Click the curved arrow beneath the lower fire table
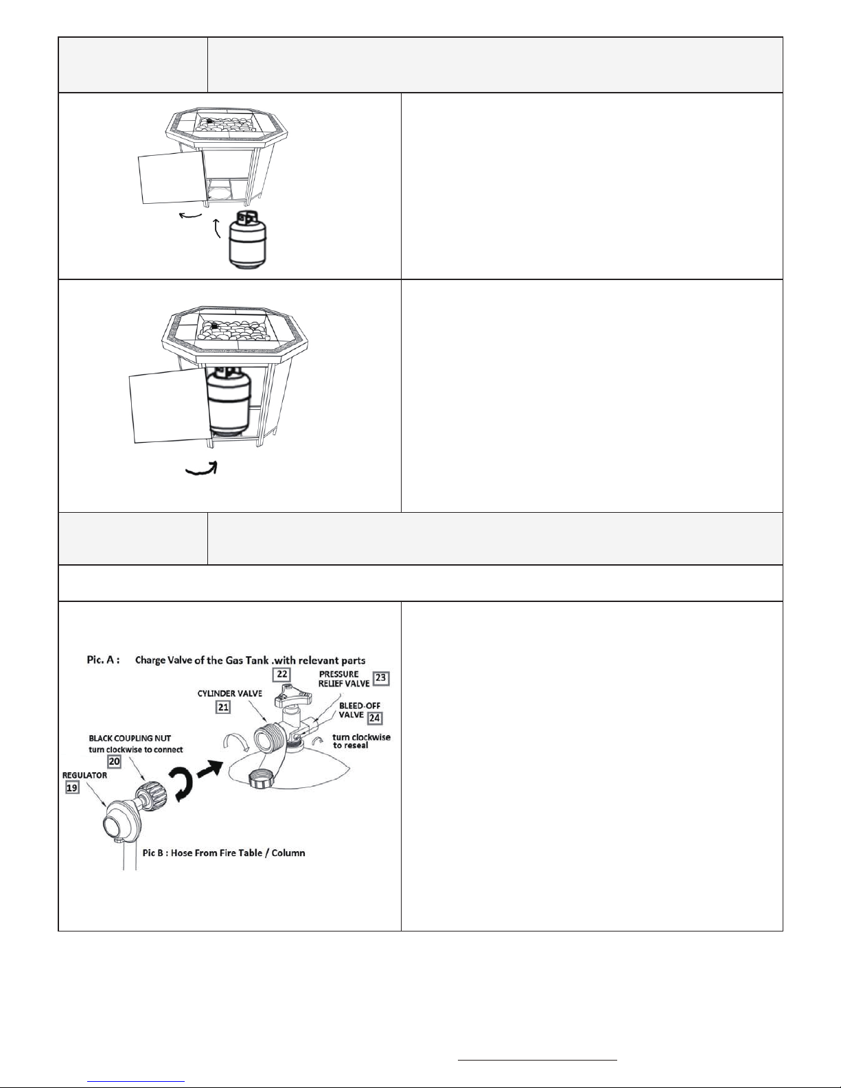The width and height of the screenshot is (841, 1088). point(201,469)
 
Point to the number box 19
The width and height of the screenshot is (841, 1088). point(72,787)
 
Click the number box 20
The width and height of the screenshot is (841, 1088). point(114,761)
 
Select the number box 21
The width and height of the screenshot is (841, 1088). point(223,707)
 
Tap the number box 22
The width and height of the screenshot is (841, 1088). point(282,674)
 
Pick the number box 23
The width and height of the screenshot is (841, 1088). point(381,678)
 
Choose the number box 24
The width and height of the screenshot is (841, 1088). point(374,718)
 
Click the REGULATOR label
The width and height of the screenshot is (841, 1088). point(84,775)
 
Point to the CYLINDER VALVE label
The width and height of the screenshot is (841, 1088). point(230,693)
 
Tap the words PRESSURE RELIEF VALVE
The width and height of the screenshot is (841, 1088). point(344,678)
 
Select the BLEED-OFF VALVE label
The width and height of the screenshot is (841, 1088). point(360,710)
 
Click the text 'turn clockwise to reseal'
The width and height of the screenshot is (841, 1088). point(361,741)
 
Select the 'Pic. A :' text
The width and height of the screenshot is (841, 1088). point(103,660)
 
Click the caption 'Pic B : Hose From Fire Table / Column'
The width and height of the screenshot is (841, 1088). point(224,853)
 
